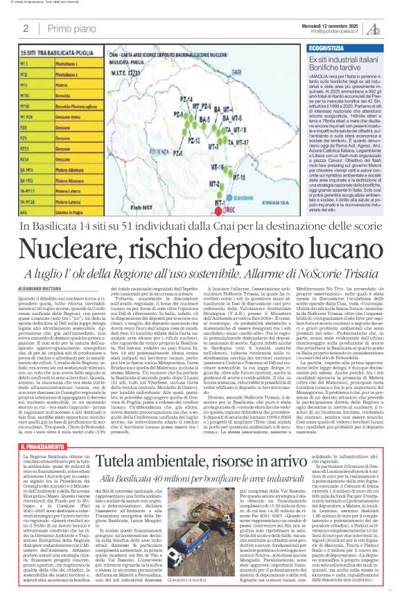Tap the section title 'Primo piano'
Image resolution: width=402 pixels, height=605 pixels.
tap(70, 28)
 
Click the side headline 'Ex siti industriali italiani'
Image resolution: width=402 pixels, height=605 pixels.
tap(351, 62)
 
